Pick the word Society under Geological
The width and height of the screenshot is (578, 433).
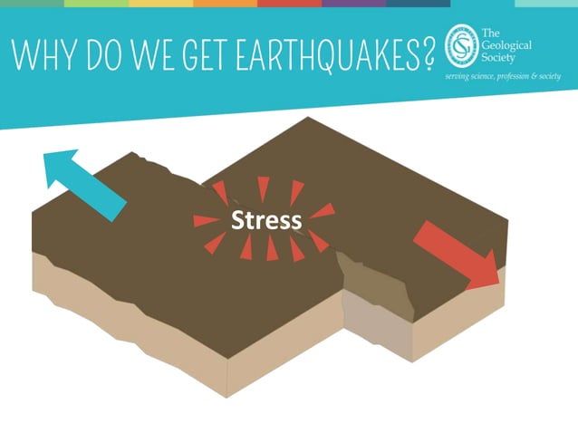point(502,58)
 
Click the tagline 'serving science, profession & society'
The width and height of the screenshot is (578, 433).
point(502,76)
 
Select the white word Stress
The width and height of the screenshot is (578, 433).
point(265,220)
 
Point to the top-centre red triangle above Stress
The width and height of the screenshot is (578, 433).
point(264,187)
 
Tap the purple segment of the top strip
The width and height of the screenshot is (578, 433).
point(353,4)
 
